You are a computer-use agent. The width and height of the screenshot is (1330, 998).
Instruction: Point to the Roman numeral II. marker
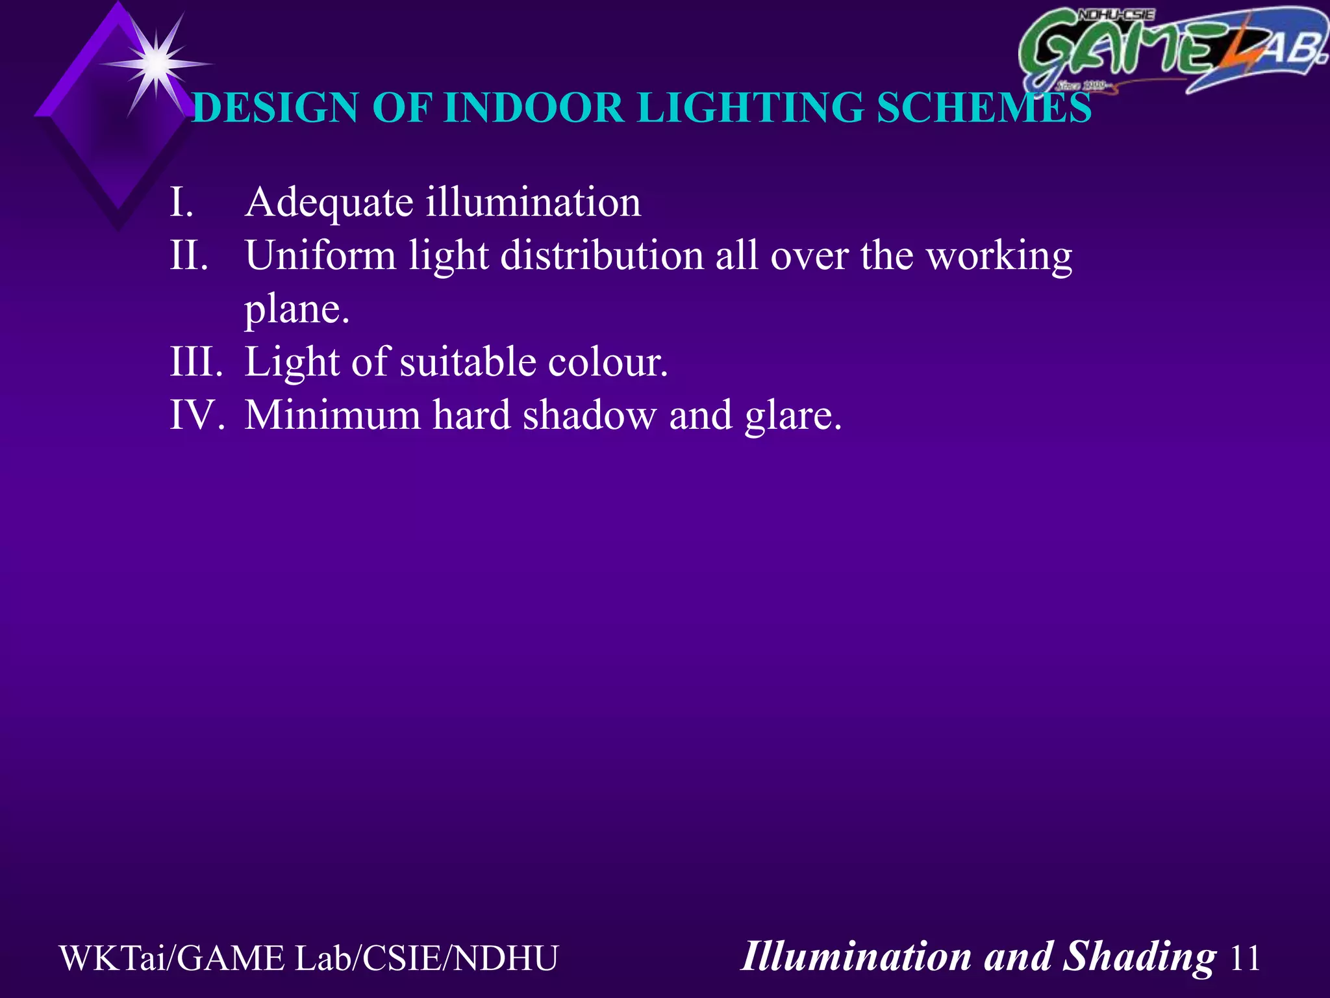tap(188, 255)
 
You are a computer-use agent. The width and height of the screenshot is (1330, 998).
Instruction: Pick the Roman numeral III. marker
tap(196, 362)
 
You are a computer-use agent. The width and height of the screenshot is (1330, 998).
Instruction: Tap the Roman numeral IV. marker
tap(197, 415)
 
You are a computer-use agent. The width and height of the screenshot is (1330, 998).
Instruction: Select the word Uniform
tap(320, 255)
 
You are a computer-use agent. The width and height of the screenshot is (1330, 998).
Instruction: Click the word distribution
tap(602, 255)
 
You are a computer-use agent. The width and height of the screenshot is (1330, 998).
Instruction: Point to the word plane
tap(296, 310)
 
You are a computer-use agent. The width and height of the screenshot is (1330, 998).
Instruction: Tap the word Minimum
tap(332, 415)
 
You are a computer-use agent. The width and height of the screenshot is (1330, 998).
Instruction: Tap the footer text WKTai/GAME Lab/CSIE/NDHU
tap(308, 958)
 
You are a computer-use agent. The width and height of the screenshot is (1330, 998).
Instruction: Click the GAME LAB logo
tap(1172, 51)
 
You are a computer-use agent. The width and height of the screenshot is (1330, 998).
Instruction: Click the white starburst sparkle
tap(157, 64)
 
